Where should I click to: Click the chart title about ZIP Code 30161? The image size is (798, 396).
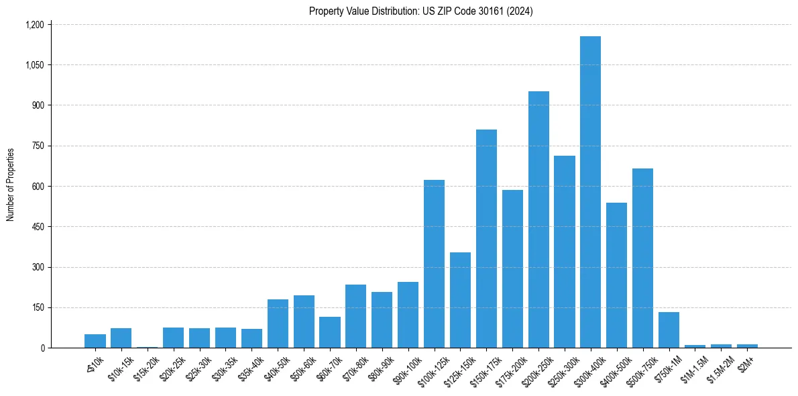(x=420, y=11)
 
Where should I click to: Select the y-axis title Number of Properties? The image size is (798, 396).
(x=11, y=185)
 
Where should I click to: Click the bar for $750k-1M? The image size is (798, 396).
(x=669, y=330)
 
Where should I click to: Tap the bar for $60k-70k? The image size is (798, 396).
(x=330, y=332)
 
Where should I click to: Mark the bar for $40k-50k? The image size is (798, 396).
(x=278, y=324)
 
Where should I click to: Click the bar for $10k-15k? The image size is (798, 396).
(x=121, y=338)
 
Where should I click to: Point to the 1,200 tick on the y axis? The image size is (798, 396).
(x=34, y=25)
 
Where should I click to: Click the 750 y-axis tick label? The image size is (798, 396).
(x=38, y=146)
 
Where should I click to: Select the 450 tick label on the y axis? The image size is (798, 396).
(x=38, y=227)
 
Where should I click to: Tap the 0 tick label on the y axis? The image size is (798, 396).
(x=42, y=348)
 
